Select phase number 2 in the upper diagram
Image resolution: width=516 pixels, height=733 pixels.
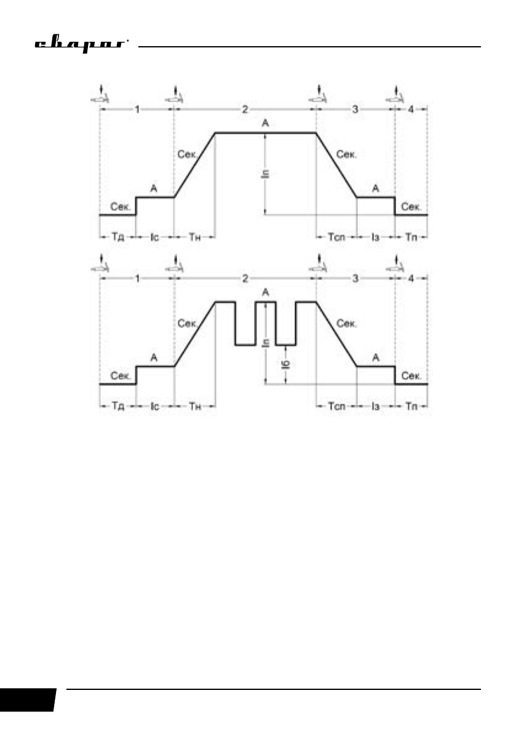(245, 110)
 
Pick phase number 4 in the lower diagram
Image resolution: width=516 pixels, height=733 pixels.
(411, 279)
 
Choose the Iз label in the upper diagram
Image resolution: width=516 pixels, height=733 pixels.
(376, 237)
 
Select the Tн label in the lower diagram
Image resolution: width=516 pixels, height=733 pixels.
(194, 407)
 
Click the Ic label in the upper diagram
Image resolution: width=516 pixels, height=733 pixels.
(155, 237)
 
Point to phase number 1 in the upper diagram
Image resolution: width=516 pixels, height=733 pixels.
(137, 110)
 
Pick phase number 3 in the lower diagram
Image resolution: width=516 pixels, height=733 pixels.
(355, 279)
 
